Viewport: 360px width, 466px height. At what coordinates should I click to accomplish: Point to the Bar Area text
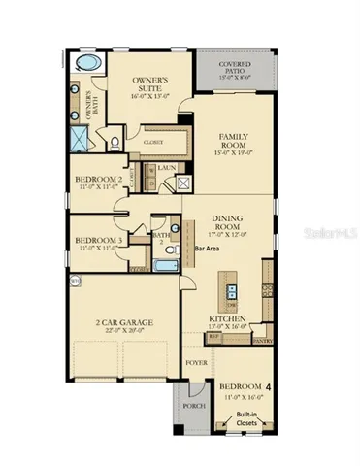point(207,249)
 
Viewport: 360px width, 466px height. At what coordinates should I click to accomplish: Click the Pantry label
point(262,342)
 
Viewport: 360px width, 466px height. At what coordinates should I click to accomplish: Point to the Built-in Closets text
point(243,419)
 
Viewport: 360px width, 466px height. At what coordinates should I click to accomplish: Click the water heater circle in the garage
point(76,280)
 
